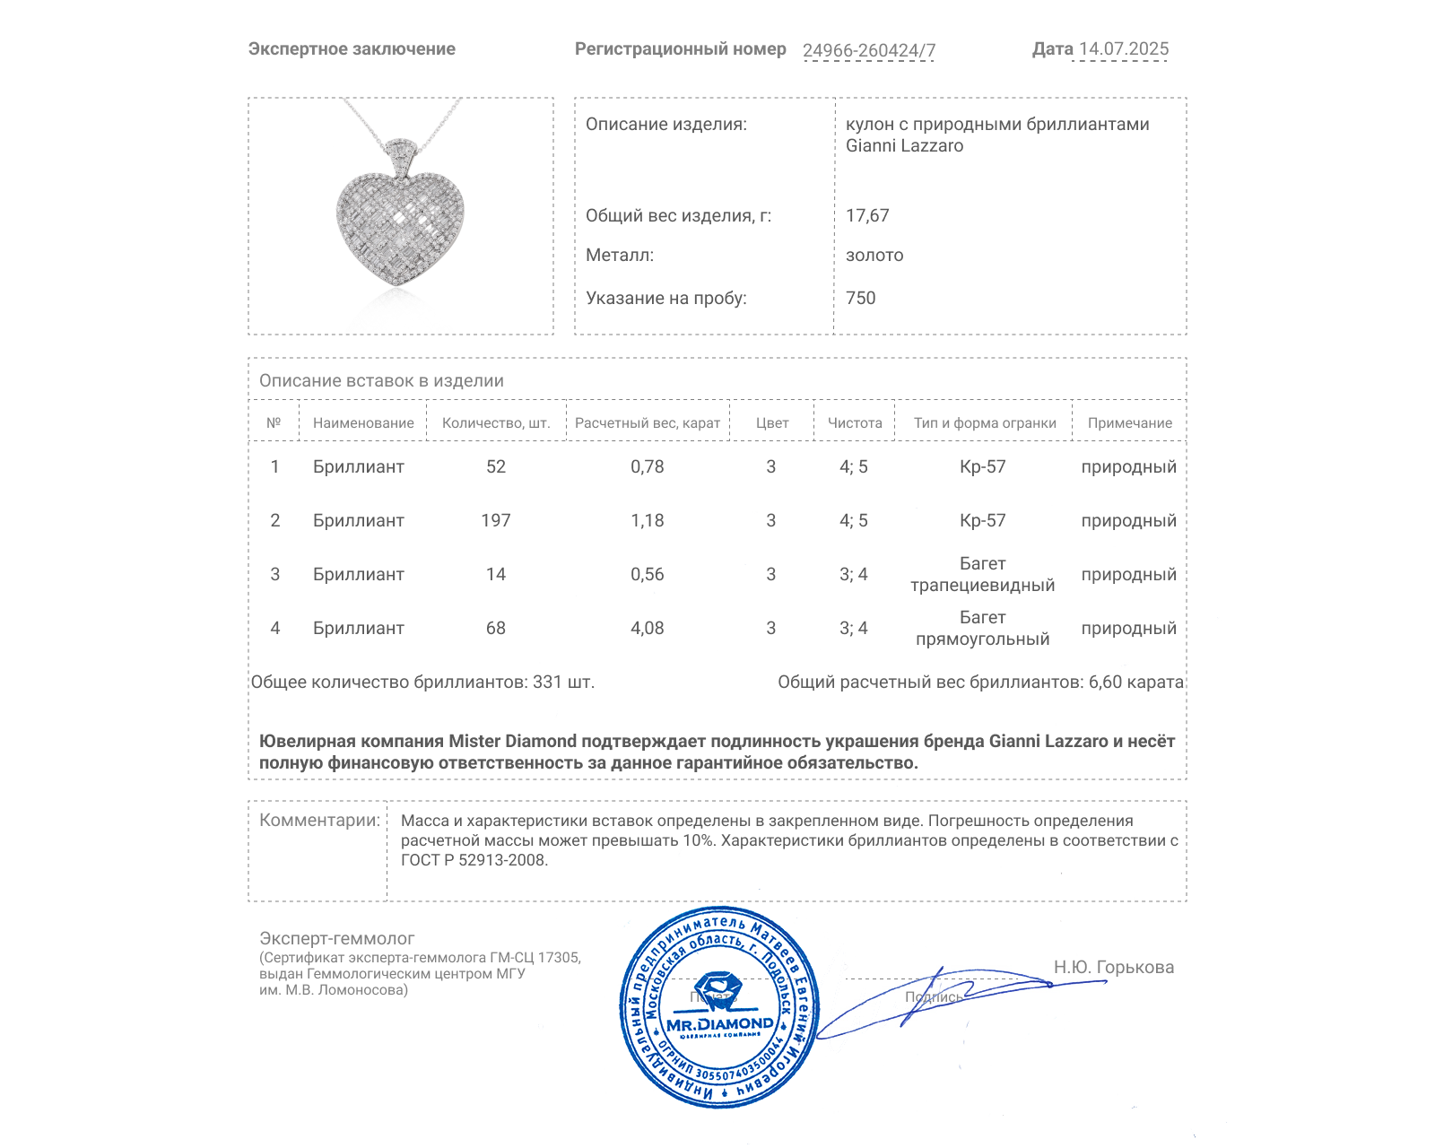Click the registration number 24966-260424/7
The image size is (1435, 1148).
(868, 50)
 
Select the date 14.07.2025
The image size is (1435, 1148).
(1124, 48)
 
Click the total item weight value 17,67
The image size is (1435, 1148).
(867, 215)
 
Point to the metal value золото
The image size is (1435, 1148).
(874, 255)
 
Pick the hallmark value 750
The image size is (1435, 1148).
(860, 298)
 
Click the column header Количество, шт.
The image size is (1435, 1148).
(496, 422)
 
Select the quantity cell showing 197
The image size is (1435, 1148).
(496, 520)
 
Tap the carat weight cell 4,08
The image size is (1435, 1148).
(648, 628)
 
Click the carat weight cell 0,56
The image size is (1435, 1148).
(648, 574)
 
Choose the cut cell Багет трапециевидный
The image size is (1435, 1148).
(983, 574)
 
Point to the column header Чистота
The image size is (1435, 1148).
(855, 422)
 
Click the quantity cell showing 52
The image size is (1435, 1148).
(496, 466)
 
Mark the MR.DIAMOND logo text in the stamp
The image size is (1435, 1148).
(719, 1024)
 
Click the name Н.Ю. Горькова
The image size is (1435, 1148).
(1113, 967)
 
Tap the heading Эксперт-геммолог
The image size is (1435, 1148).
(337, 938)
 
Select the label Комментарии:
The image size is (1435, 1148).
(319, 820)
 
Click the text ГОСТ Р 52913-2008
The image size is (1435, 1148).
(474, 860)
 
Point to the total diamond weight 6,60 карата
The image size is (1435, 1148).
(1135, 682)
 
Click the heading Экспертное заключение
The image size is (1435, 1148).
(352, 48)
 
